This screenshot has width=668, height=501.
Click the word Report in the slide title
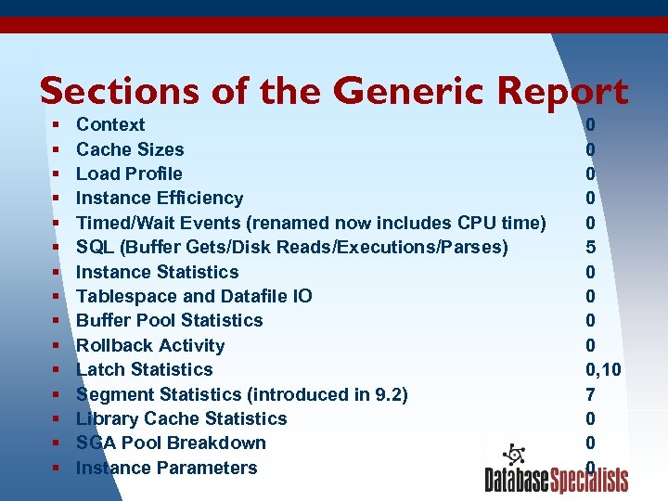(562, 91)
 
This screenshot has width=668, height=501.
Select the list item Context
(110, 124)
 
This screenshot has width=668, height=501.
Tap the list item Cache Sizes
(130, 149)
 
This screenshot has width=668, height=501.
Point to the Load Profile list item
(129, 173)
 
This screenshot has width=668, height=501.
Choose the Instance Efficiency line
(160, 198)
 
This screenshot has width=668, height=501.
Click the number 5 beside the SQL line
(591, 247)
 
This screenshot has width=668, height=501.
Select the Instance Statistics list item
(157, 272)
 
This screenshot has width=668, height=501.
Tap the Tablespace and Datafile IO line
(194, 296)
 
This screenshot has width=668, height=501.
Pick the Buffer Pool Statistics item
(169, 320)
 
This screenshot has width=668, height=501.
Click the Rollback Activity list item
(150, 345)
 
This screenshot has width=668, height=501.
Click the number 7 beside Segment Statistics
(591, 394)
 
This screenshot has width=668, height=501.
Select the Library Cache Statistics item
(181, 418)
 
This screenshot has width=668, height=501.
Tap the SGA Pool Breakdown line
(171, 443)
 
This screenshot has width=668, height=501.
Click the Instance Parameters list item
(166, 468)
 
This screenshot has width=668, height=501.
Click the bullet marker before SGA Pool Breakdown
(56, 443)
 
